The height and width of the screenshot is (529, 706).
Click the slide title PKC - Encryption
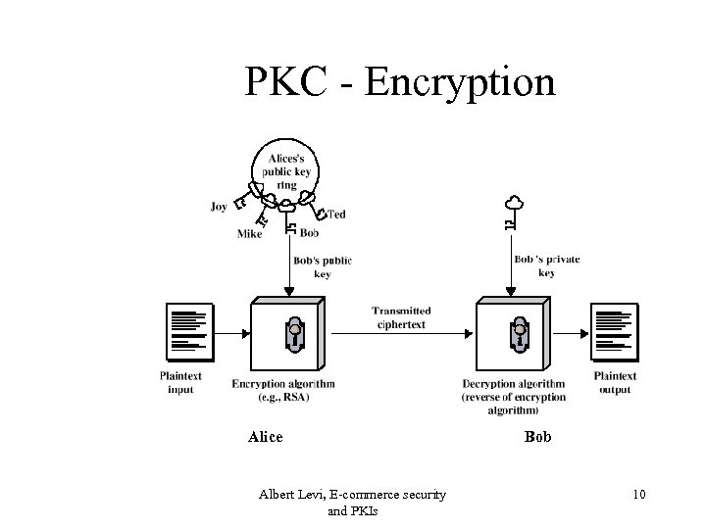[400, 82]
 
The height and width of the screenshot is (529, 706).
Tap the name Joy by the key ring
[219, 207]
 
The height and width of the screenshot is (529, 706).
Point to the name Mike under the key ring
[249, 234]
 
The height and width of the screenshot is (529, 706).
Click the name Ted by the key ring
[336, 214]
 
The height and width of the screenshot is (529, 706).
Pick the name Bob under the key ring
[309, 233]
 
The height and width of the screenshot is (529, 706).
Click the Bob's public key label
[323, 267]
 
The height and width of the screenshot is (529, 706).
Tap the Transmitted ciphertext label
[400, 317]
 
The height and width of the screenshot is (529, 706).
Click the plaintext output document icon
[615, 332]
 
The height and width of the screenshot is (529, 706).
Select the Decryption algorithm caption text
[513, 397]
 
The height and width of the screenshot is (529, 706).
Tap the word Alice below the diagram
[265, 437]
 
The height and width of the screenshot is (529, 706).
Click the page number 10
[638, 495]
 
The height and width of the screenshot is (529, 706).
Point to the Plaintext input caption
[180, 382]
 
